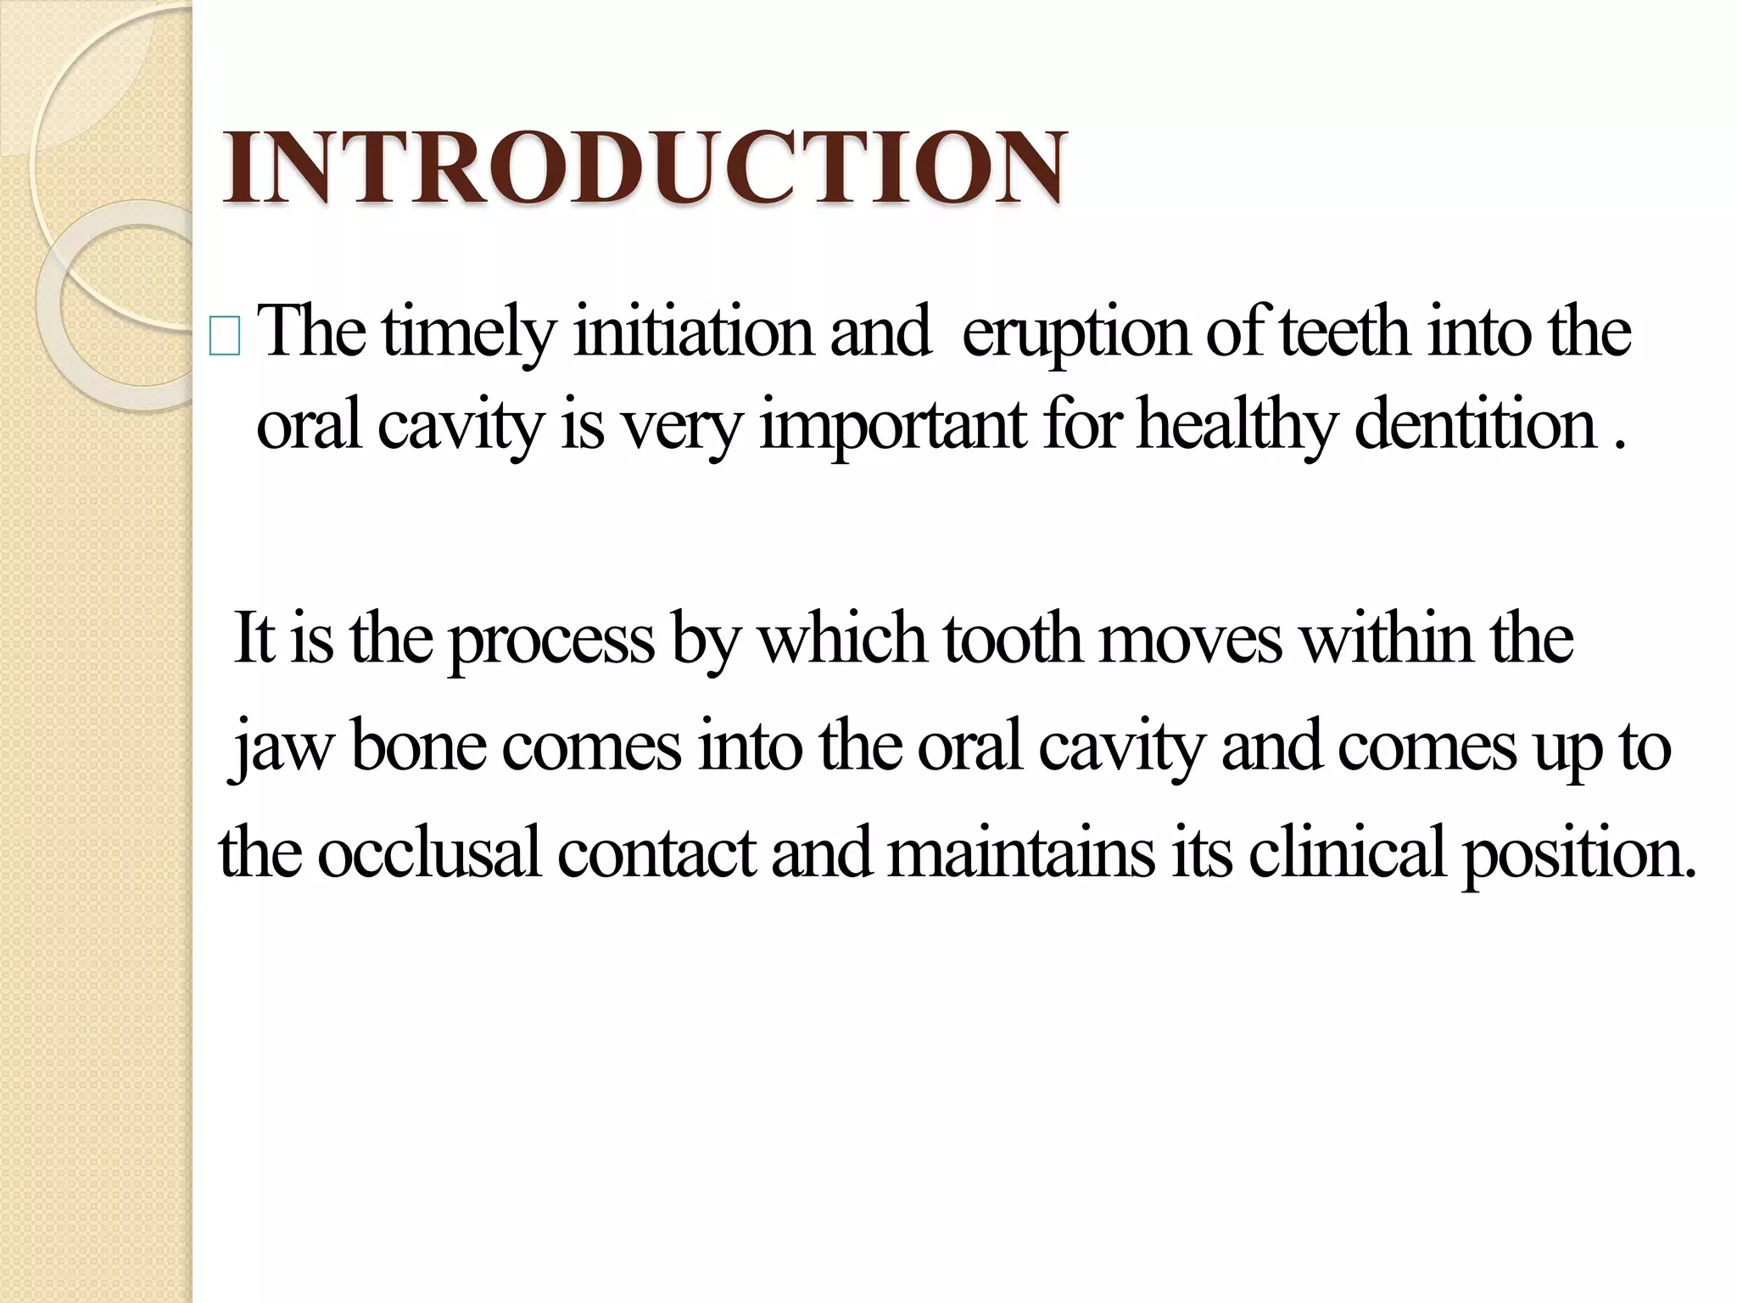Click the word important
[893, 427]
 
